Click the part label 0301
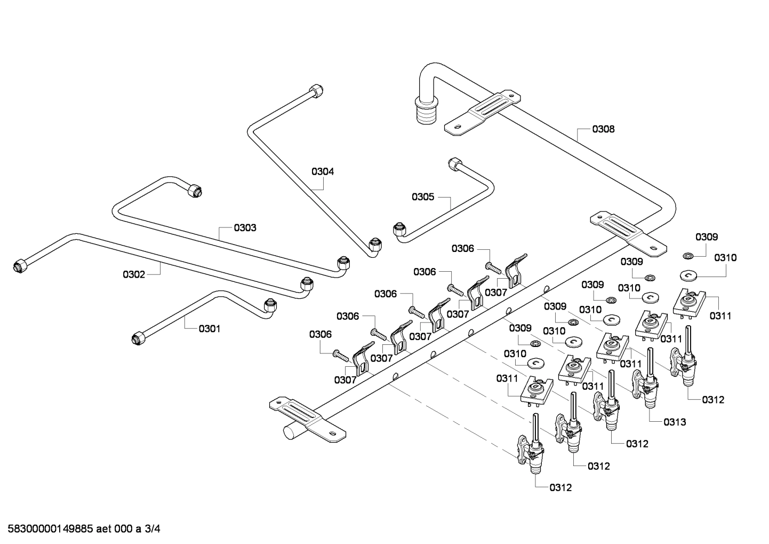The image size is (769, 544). click(210, 329)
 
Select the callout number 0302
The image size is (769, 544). click(134, 274)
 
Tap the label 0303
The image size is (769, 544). click(245, 228)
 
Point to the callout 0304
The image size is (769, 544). click(323, 171)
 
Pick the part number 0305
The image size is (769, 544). click(423, 196)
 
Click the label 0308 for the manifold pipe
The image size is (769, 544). click(603, 129)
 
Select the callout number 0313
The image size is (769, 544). click(675, 422)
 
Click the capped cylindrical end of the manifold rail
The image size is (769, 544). click(291, 431)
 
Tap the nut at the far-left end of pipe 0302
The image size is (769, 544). click(20, 265)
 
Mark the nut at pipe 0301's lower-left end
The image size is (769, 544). click(138, 337)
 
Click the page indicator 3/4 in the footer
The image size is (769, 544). click(153, 530)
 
